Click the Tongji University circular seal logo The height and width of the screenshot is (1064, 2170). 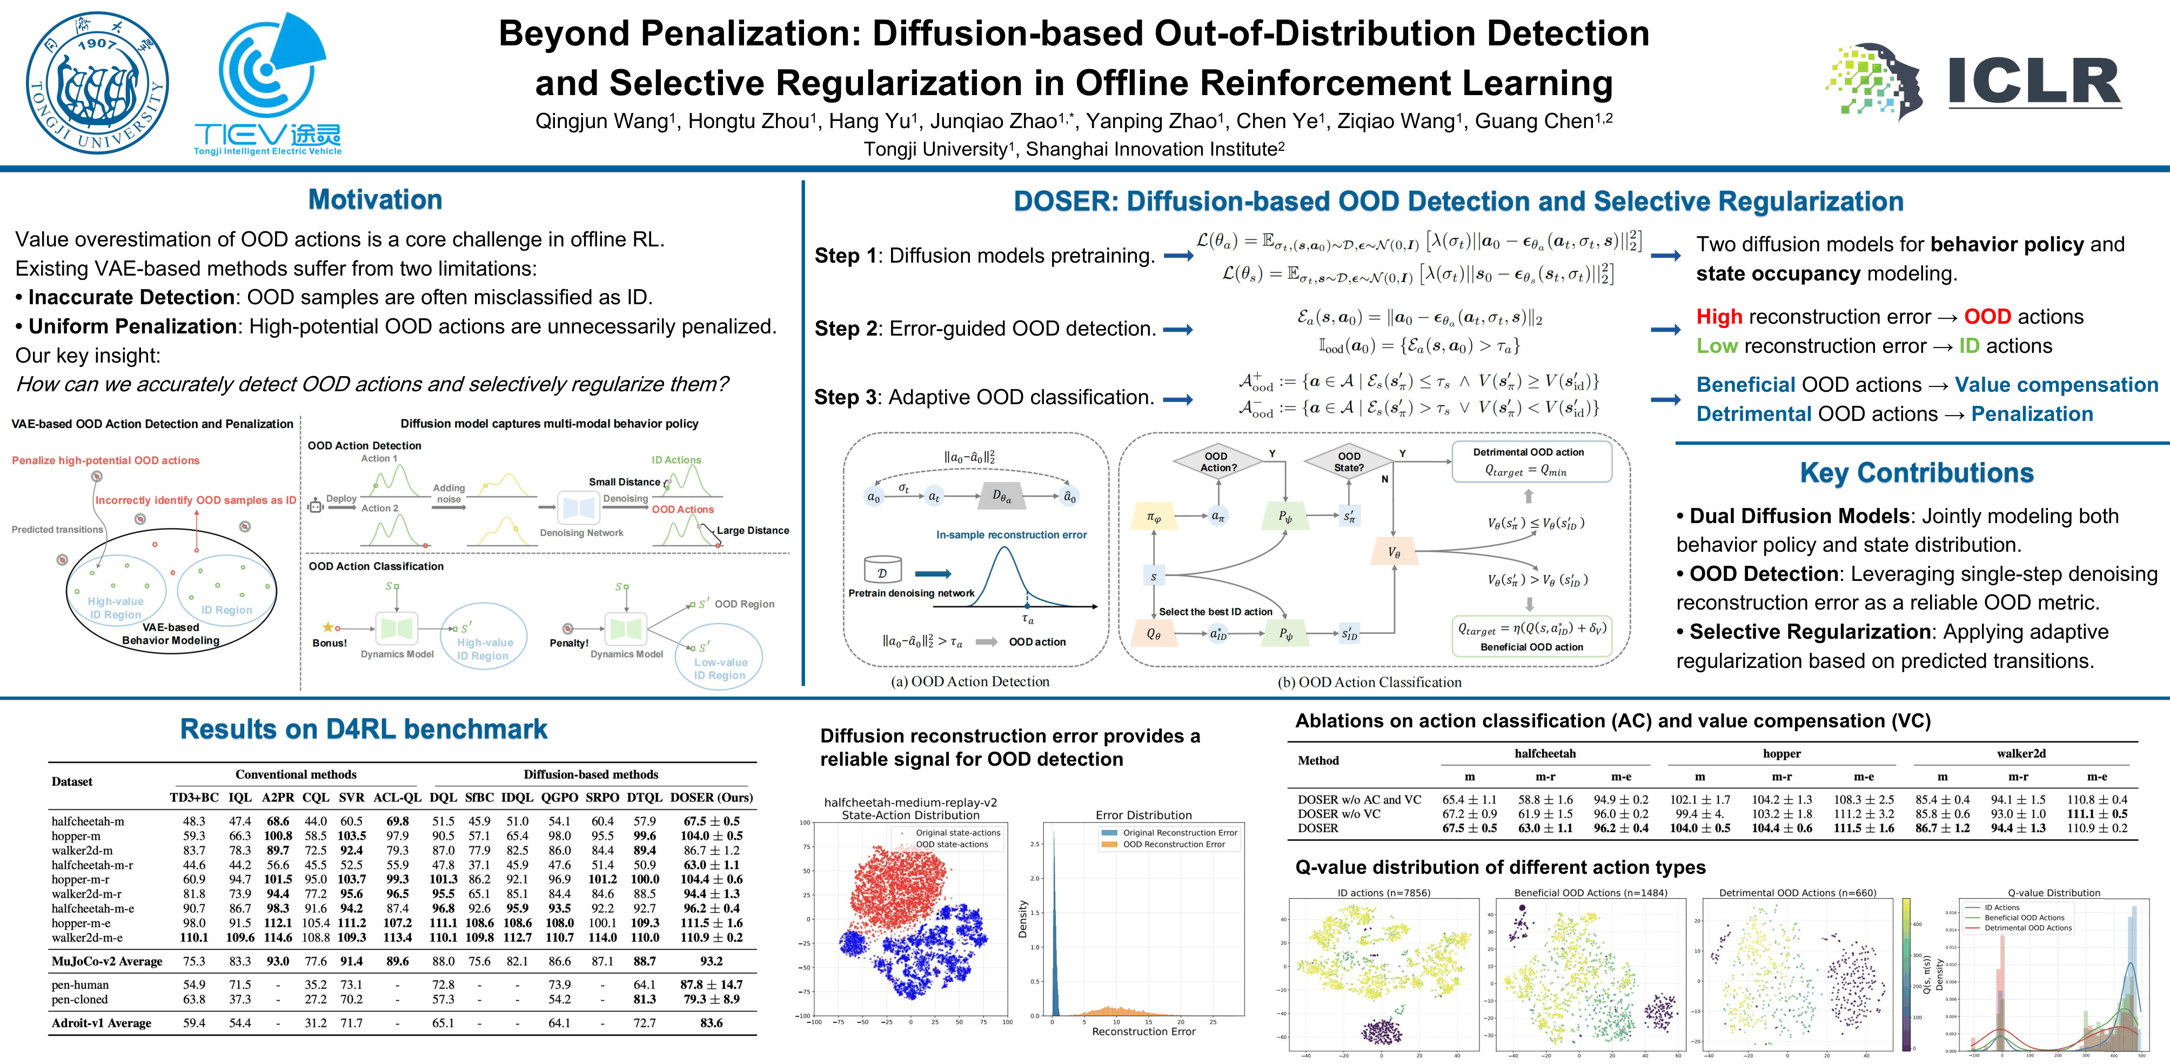(97, 83)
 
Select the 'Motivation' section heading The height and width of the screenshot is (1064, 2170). (375, 199)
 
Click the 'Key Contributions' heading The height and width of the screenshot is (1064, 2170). (1917, 473)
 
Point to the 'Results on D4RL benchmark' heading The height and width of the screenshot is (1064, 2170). (364, 729)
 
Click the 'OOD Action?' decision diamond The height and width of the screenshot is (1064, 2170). (1217, 461)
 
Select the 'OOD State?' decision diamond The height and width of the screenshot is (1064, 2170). (1349, 461)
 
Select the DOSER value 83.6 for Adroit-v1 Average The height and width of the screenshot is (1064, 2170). (711, 1023)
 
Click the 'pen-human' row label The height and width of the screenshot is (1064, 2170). (80, 984)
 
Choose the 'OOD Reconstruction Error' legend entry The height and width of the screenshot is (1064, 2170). (1174, 844)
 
